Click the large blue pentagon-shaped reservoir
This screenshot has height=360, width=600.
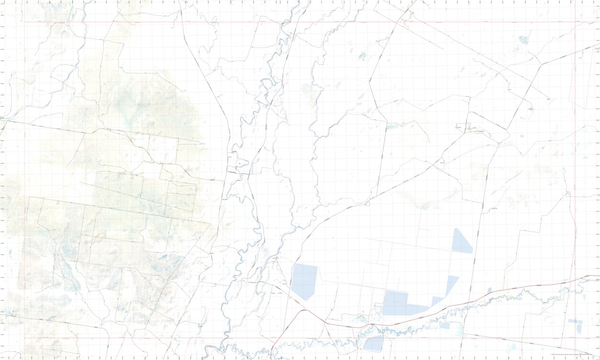point(304,281)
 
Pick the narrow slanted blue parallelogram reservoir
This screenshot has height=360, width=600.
point(451,285)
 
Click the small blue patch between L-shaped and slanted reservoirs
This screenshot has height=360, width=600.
point(436,301)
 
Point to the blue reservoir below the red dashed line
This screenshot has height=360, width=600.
point(373,344)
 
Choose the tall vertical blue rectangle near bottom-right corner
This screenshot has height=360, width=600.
point(579,329)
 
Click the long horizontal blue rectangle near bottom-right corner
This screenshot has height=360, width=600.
point(572,321)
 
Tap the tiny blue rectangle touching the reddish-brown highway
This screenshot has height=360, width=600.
point(489,291)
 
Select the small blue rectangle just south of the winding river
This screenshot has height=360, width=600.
point(444,326)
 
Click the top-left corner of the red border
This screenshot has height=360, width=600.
point(24,22)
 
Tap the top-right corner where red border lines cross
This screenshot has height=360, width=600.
point(575,22)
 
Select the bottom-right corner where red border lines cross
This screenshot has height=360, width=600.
point(575,338)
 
